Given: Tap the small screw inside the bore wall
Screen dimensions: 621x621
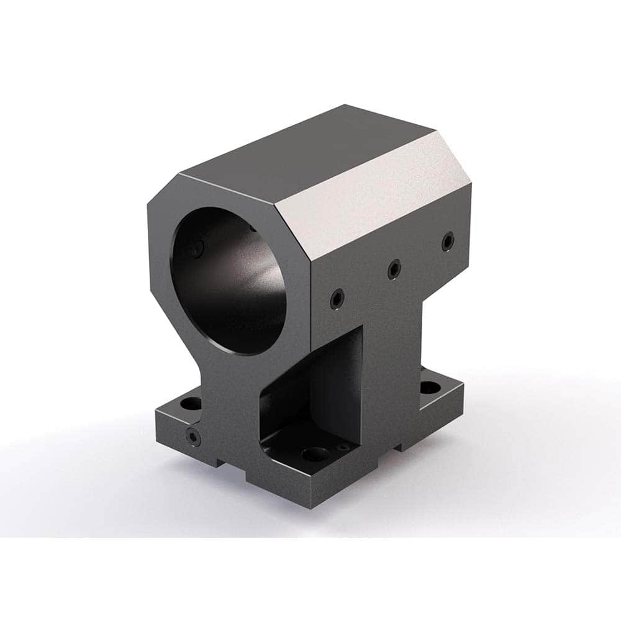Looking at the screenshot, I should point(198,250).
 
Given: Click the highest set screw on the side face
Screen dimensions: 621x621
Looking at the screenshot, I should point(446,242).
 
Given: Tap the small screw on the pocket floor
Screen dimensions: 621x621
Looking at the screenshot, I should point(342,446).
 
